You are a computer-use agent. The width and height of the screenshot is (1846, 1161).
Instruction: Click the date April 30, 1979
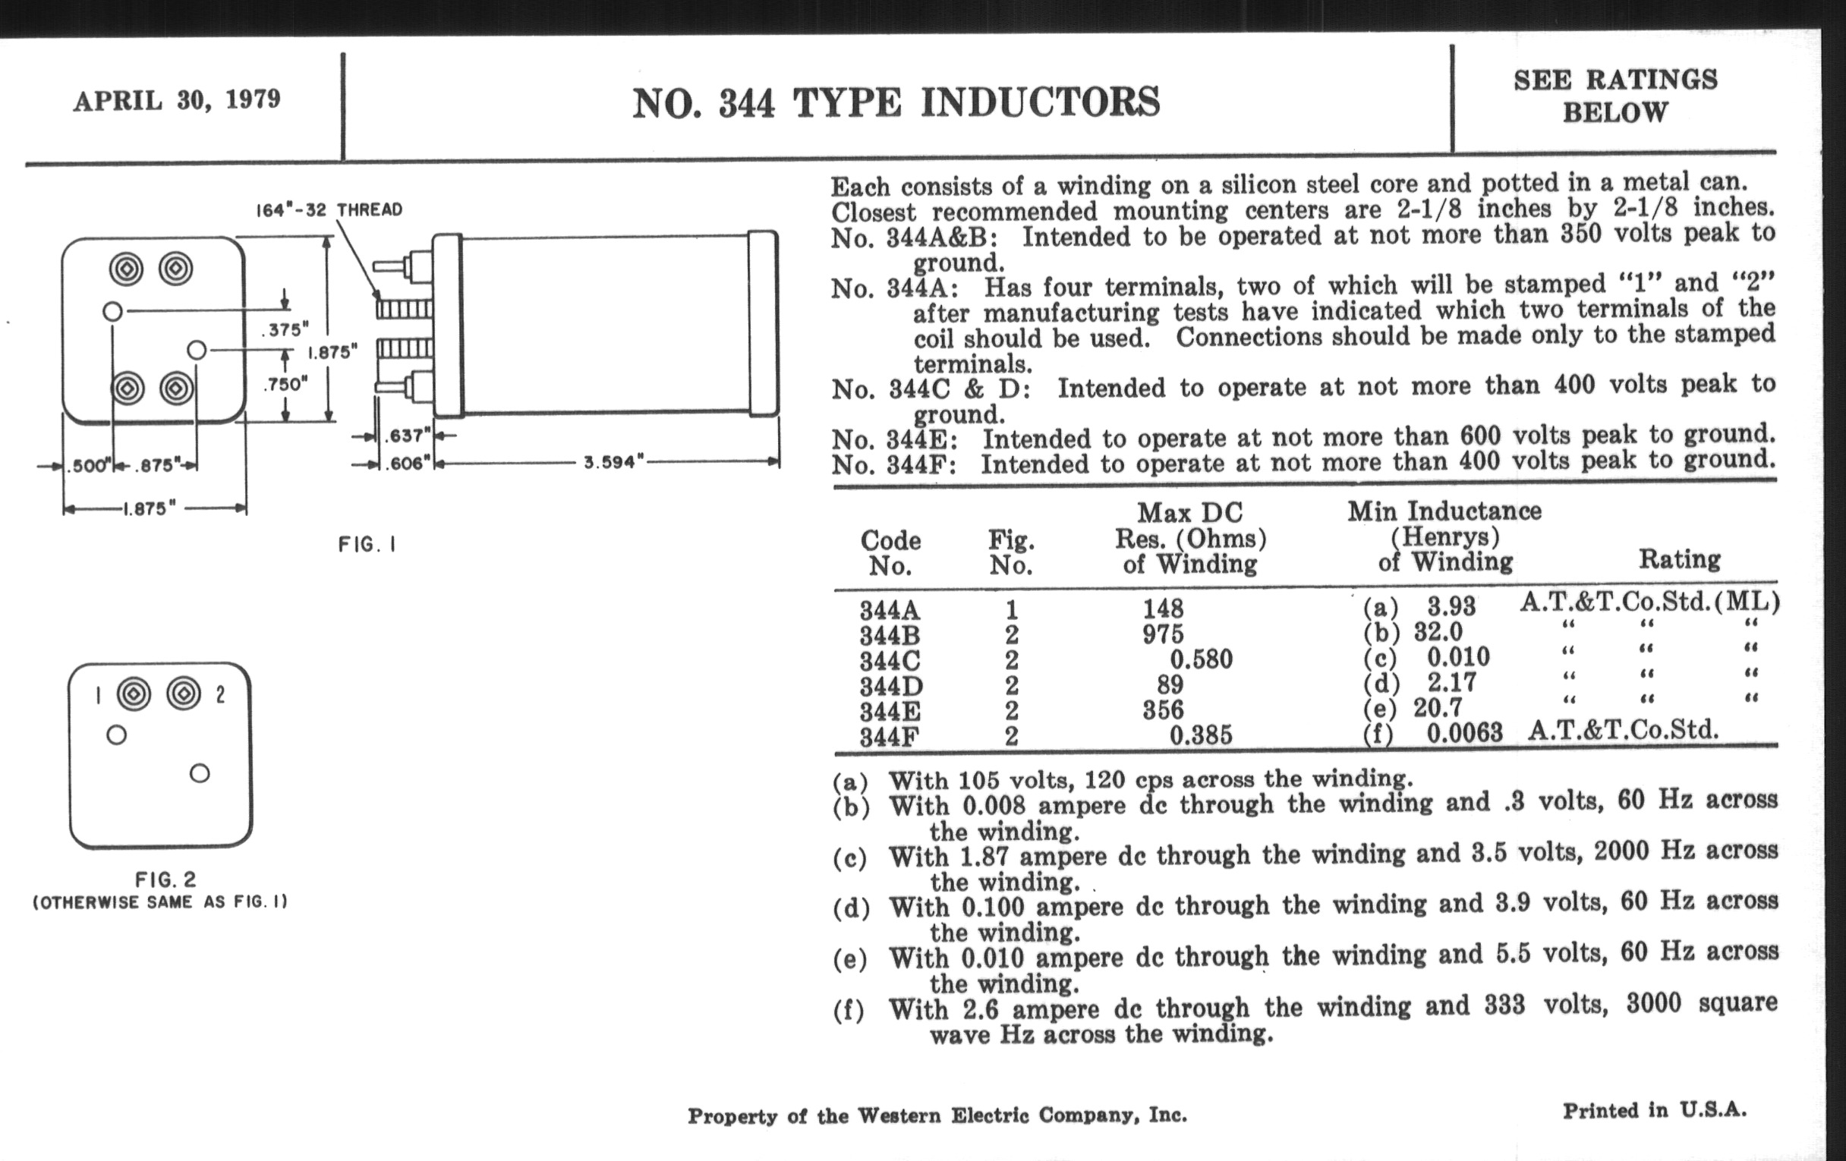[177, 100]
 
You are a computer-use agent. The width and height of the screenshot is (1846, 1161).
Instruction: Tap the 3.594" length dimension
[611, 462]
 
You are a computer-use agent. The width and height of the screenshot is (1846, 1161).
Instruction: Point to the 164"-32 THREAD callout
[329, 209]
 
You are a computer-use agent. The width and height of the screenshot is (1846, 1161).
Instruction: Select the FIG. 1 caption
[367, 545]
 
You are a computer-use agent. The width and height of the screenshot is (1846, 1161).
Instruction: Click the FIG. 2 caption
[165, 879]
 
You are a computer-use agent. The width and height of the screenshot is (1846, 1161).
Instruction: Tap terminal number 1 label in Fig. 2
[98, 695]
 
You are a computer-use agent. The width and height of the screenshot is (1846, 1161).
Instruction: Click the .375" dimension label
[285, 329]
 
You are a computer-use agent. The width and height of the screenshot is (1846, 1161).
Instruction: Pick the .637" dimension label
[407, 436]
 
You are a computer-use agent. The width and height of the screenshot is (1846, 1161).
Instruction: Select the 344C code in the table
[890, 661]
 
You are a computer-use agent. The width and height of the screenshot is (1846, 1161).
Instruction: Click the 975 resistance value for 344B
[1163, 634]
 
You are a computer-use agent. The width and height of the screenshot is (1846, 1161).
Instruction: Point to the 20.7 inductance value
[1438, 707]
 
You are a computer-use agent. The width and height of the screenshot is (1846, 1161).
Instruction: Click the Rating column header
[1679, 559]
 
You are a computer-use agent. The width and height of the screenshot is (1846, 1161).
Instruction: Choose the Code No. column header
[890, 552]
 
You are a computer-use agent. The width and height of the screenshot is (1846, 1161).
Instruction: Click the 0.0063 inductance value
[1464, 732]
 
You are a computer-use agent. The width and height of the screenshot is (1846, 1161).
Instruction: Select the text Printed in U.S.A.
[1655, 1110]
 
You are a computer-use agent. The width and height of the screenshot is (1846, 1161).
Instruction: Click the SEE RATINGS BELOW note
[1614, 96]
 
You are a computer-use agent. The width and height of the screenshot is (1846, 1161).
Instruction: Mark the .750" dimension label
[285, 384]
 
